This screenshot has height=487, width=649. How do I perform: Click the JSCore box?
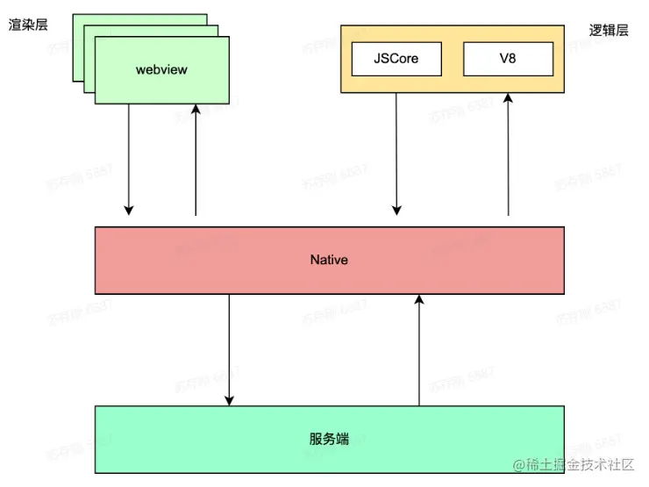[x=395, y=59]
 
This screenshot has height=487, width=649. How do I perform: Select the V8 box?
[x=508, y=59]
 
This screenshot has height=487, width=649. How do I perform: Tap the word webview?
[x=162, y=68]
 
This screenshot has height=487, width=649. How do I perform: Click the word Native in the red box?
[x=329, y=260]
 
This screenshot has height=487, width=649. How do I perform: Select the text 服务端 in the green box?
[x=329, y=439]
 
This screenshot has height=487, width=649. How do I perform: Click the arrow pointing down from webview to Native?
[x=129, y=158]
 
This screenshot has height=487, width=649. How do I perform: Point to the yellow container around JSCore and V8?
[x=452, y=82]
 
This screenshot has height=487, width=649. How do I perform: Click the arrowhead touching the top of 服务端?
[x=230, y=400]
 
